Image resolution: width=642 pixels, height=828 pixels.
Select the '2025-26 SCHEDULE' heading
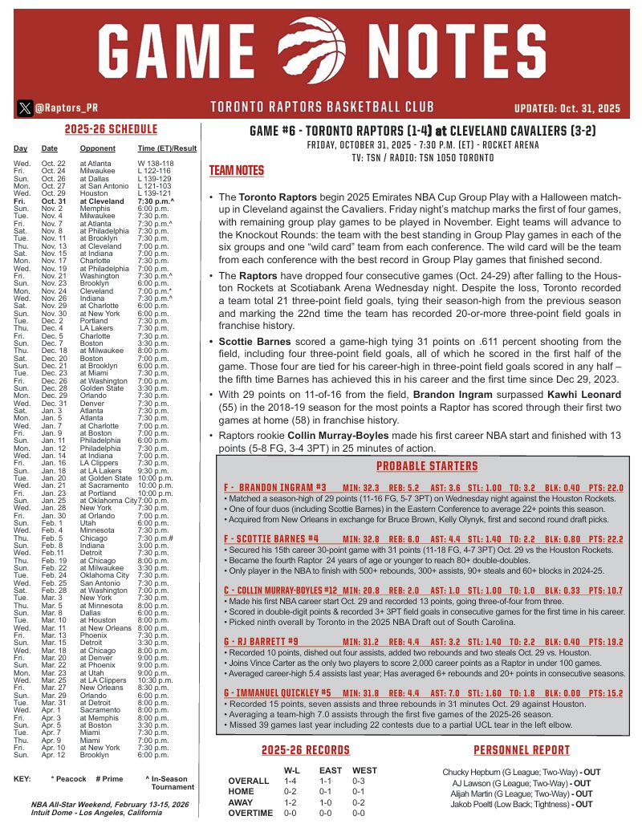point(111,129)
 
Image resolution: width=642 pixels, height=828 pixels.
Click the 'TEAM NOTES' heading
point(236,171)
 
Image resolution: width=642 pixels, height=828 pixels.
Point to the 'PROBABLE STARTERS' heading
point(427,466)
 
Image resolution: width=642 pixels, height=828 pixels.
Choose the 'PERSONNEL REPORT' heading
point(522,749)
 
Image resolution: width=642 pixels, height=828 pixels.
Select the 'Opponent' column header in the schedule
point(97,148)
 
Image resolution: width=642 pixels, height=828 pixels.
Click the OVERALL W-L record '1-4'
point(291,781)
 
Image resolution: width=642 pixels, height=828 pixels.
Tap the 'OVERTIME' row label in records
point(250,813)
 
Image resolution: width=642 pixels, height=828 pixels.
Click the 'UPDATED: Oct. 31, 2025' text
point(567,108)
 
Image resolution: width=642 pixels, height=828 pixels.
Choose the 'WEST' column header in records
point(364,770)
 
